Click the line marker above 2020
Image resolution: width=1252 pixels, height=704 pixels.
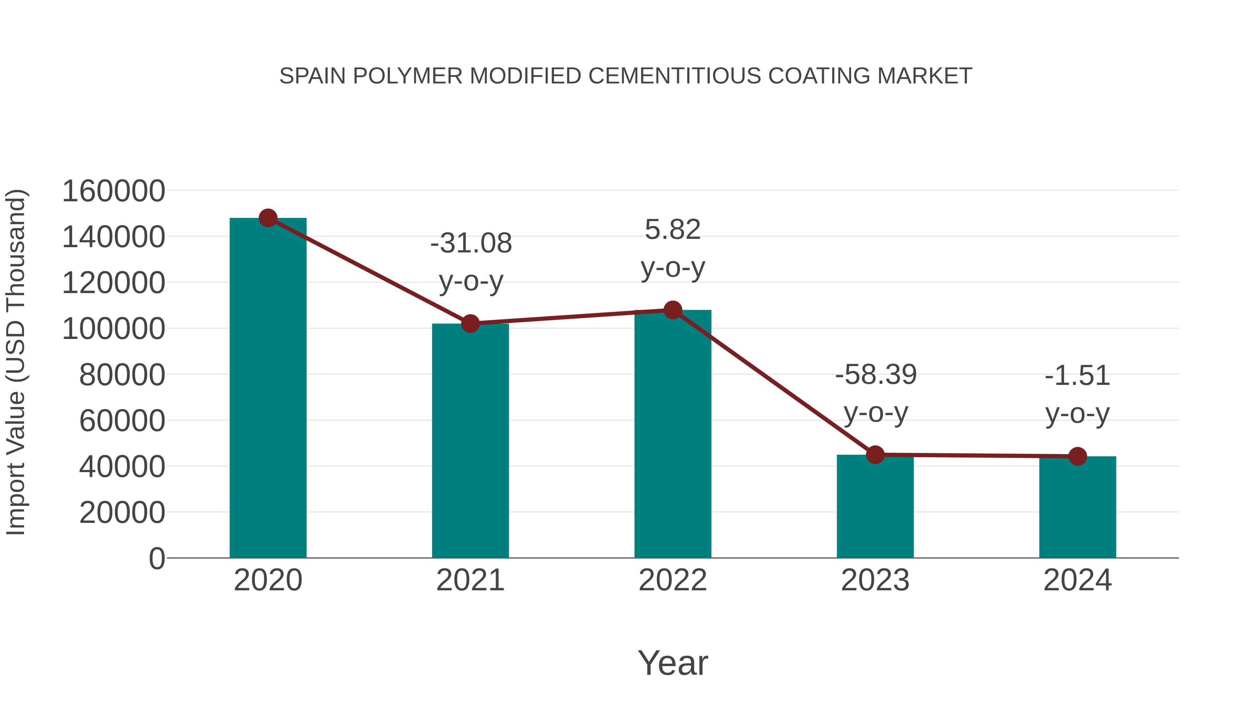click(268, 218)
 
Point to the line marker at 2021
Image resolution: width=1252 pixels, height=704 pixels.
click(470, 324)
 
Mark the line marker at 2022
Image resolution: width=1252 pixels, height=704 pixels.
click(673, 310)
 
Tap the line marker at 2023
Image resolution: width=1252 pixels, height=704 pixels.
click(875, 455)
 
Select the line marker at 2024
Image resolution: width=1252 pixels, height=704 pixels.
click(1077, 456)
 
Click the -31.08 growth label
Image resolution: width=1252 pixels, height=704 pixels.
click(471, 243)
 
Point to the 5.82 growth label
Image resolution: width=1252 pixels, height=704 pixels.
click(673, 230)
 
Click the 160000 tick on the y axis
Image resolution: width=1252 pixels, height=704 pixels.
click(114, 191)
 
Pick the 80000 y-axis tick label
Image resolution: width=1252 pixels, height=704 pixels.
click(122, 375)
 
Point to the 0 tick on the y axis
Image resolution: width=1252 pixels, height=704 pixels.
click(156, 559)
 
